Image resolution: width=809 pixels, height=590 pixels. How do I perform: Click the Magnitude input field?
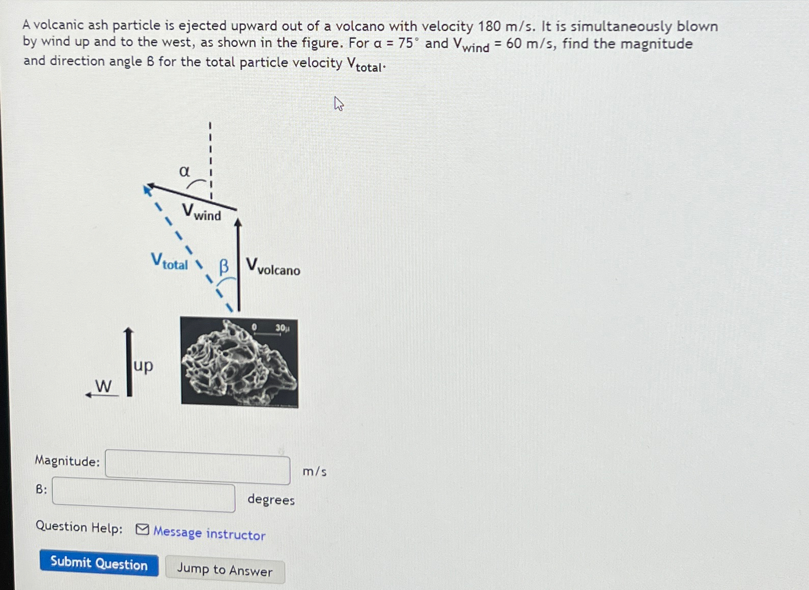[x=198, y=467]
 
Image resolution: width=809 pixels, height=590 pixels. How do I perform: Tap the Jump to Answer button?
[x=225, y=570]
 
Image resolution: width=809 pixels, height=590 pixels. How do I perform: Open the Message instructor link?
[x=209, y=533]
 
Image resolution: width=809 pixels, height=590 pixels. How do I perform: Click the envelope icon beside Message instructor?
[x=143, y=530]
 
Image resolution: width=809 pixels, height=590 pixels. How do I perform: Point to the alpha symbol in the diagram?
[x=184, y=172]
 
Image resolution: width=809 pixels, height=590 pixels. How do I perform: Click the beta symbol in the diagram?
[x=224, y=266]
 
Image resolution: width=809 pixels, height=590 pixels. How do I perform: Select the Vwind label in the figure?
[x=202, y=212]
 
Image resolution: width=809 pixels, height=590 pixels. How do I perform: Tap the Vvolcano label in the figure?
[x=273, y=267]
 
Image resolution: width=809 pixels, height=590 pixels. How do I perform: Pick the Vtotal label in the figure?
[x=170, y=262]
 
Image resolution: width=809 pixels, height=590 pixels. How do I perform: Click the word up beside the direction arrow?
[x=143, y=366]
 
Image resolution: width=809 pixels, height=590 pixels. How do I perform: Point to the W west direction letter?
[x=103, y=386]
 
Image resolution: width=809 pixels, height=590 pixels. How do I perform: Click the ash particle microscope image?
[x=239, y=362]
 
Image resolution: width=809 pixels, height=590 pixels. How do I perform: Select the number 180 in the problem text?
[x=489, y=26]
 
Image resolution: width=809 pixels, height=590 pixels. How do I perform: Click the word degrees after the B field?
[x=271, y=500]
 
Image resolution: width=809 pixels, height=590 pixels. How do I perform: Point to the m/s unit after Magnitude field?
[x=315, y=472]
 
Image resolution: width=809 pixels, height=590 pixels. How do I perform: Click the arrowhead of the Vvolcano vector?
[x=238, y=222]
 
